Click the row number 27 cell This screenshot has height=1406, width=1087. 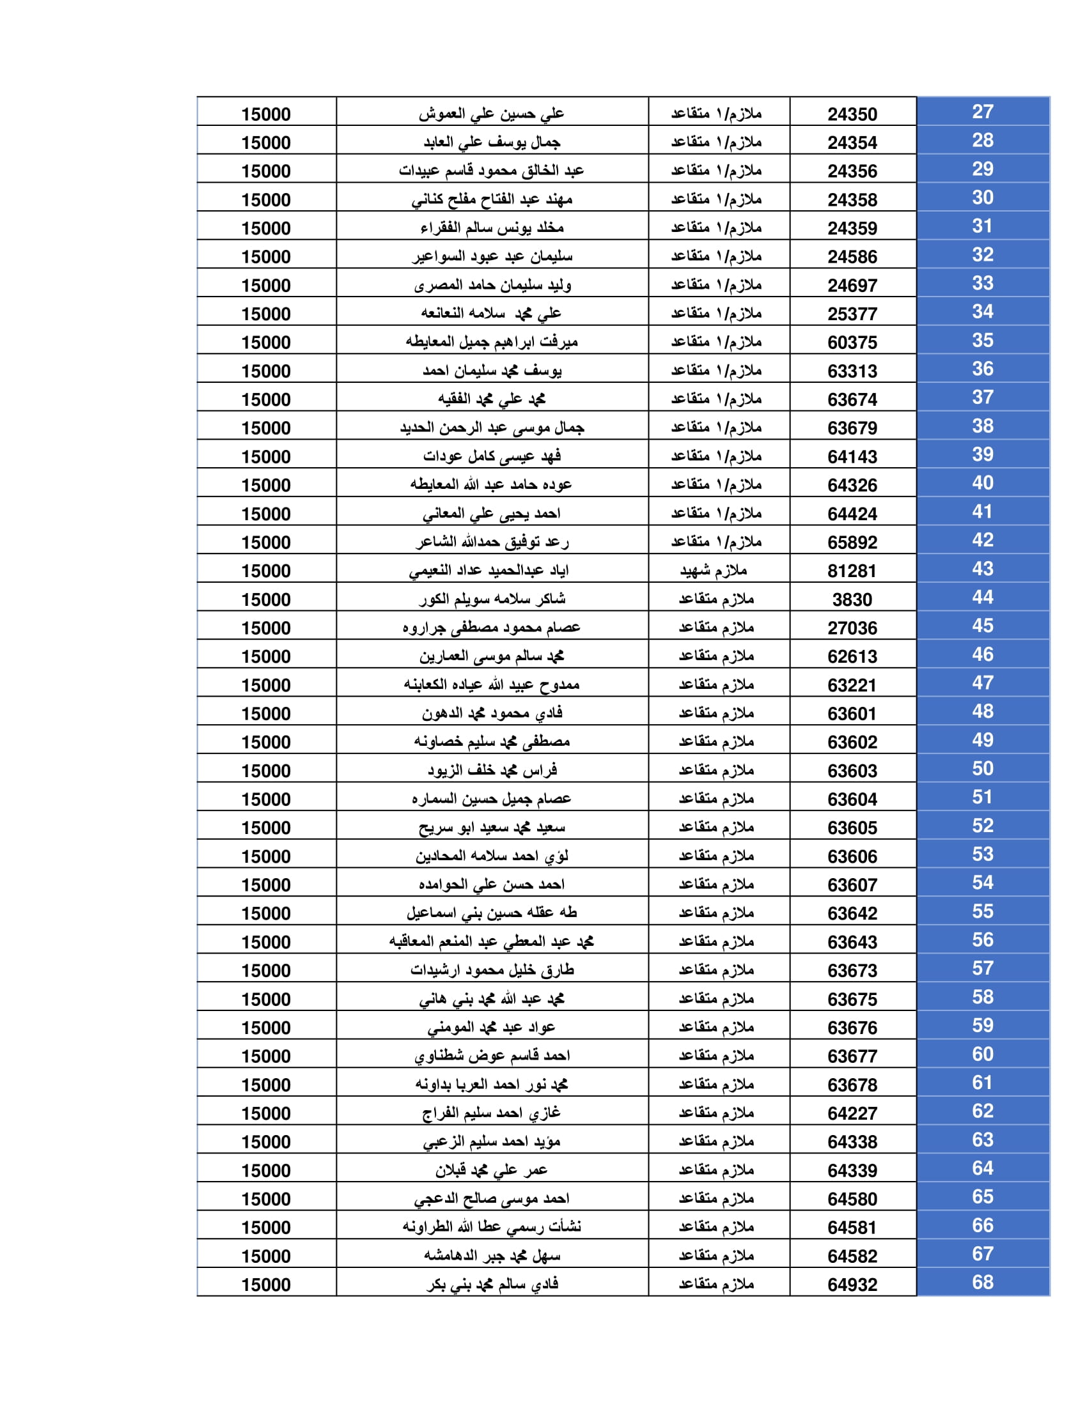(x=982, y=112)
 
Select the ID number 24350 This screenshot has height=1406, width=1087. (x=852, y=114)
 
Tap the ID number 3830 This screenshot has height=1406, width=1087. (x=852, y=599)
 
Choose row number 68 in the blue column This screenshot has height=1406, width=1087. (x=982, y=1282)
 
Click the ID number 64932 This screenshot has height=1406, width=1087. (x=852, y=1285)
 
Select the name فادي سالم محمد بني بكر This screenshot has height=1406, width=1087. (x=492, y=1285)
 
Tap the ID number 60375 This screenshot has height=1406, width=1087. (x=852, y=343)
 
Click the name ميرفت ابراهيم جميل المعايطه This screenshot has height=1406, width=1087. (x=491, y=342)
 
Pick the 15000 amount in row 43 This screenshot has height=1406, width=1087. (x=266, y=571)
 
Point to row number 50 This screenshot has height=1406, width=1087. (x=982, y=768)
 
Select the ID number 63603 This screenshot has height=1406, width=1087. (x=852, y=771)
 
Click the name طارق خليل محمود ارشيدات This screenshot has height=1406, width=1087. (x=492, y=970)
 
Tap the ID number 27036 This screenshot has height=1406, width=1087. (x=852, y=628)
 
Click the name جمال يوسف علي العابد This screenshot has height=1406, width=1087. (x=492, y=143)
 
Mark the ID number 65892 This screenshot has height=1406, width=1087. (x=852, y=542)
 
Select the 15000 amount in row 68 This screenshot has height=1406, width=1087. (x=266, y=1285)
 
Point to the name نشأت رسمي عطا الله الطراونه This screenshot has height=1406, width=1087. (x=492, y=1227)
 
